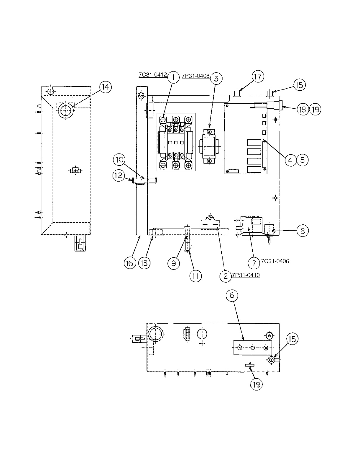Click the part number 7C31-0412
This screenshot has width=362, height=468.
click(x=153, y=75)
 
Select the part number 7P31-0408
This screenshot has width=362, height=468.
click(x=196, y=76)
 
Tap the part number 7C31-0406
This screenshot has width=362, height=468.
click(x=275, y=261)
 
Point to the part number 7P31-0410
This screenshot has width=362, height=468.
click(x=246, y=275)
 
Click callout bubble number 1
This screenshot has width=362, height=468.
click(x=173, y=77)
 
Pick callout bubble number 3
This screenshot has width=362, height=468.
click(x=216, y=79)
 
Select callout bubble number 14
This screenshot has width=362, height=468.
click(x=105, y=87)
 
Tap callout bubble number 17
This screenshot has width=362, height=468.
click(x=258, y=76)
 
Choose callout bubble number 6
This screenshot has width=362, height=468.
click(x=232, y=295)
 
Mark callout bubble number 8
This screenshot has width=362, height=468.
click(x=303, y=231)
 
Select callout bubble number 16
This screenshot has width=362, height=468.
click(x=130, y=263)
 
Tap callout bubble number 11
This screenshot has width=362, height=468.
click(x=196, y=276)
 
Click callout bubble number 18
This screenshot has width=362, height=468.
click(x=303, y=110)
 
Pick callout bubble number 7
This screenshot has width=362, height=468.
click(x=254, y=263)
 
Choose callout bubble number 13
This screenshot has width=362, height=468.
click(x=144, y=263)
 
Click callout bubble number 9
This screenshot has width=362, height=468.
click(x=174, y=263)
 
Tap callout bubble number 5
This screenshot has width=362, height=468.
click(x=303, y=160)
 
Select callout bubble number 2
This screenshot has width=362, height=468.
click(x=225, y=276)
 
